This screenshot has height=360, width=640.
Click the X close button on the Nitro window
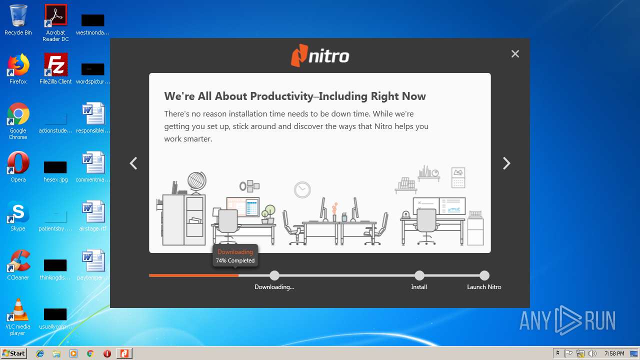click(x=515, y=53)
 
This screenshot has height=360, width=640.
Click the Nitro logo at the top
click(x=320, y=55)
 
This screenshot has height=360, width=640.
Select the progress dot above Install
click(x=419, y=275)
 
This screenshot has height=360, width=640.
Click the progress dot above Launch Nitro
click(x=484, y=275)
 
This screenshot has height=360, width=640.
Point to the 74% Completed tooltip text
click(x=235, y=260)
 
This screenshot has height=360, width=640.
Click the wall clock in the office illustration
click(x=302, y=189)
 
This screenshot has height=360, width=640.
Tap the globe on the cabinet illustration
click(x=197, y=181)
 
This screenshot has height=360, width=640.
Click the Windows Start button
click(x=13, y=353)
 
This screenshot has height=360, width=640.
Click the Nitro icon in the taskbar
click(x=124, y=353)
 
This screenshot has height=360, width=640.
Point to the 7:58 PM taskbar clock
click(x=614, y=353)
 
